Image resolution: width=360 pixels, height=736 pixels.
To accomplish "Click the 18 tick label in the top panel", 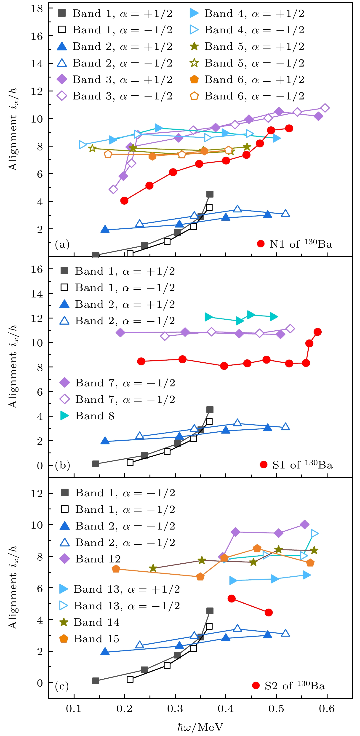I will tap(37, 8).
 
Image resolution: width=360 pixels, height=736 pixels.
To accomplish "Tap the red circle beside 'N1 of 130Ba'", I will tap(261, 244).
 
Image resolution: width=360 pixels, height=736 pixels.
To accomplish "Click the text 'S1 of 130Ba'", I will tap(302, 465).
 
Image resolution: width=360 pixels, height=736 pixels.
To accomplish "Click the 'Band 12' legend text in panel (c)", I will tap(98, 559).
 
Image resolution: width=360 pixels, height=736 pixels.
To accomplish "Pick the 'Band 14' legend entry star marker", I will tap(64, 622).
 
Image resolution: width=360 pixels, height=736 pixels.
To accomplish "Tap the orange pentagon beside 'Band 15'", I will tap(64, 639).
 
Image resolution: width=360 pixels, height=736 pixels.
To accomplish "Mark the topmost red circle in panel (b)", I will tap(317, 332).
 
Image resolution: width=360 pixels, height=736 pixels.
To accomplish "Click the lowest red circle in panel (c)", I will tap(269, 612).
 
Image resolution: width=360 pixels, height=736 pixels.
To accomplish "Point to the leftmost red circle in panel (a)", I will tap(124, 201).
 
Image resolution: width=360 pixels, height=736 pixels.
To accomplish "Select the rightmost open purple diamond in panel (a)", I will tap(325, 108).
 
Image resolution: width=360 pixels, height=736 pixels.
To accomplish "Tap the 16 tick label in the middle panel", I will tap(37, 269).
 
